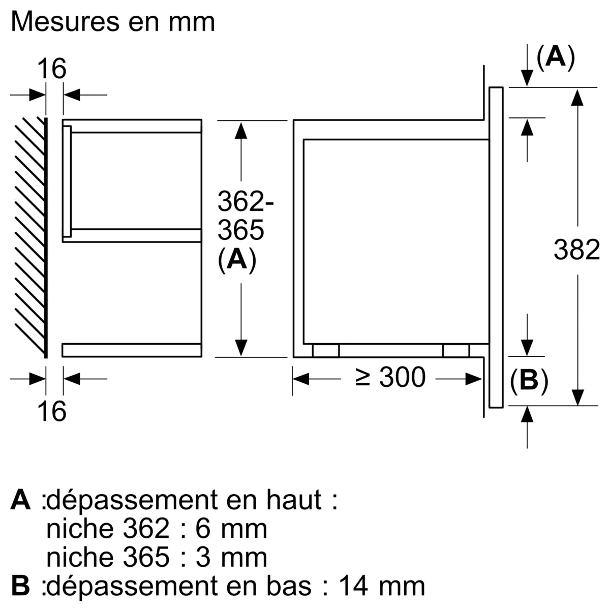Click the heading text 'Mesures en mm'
(113, 22)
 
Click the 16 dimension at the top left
(52, 69)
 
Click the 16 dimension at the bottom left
(52, 411)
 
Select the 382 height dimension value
(576, 250)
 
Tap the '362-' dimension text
(246, 202)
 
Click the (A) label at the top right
(556, 56)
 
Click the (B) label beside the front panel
(529, 380)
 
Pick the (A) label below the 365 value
(236, 260)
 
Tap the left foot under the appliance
(325, 351)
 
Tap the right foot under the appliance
(456, 351)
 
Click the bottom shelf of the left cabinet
(132, 350)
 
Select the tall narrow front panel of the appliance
(496, 247)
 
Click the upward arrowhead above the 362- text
(241, 130)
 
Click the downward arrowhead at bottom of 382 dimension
(576, 396)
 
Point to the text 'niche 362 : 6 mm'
(157, 529)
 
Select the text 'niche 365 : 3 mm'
(157, 557)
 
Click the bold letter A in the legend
(21, 500)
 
